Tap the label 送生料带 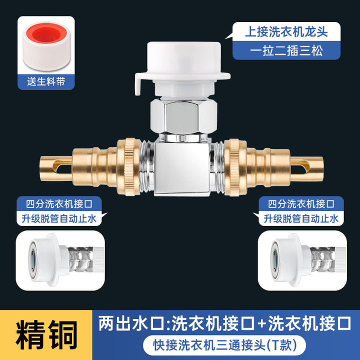click(x=46, y=81)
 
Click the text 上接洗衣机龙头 click(x=286, y=31)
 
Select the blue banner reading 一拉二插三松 click(x=286, y=50)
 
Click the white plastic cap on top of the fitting click(x=182, y=69)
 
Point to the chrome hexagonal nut click(x=183, y=117)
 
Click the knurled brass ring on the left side click(x=128, y=167)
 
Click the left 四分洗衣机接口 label click(x=59, y=204)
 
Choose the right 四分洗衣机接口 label click(x=301, y=204)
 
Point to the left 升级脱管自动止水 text click(x=59, y=218)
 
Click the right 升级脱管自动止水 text click(x=301, y=218)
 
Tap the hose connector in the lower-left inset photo click(x=60, y=260)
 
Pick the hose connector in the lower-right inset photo click(x=302, y=260)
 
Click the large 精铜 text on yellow click(x=46, y=335)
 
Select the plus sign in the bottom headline click(x=261, y=323)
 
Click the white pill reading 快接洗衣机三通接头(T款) click(x=224, y=345)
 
